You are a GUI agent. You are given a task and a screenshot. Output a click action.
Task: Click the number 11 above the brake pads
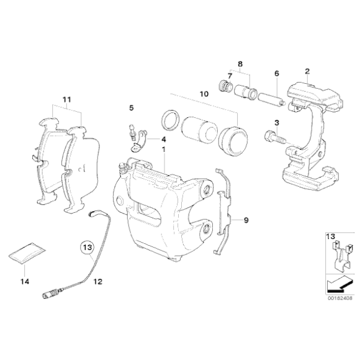(66, 99)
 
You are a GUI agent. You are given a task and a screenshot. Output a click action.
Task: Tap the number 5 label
(131, 108)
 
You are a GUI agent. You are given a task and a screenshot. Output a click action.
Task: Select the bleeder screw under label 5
(132, 133)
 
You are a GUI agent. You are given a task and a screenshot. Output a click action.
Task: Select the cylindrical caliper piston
(198, 128)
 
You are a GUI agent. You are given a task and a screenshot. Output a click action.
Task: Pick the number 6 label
(275, 73)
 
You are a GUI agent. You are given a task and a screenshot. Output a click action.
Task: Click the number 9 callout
(246, 220)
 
